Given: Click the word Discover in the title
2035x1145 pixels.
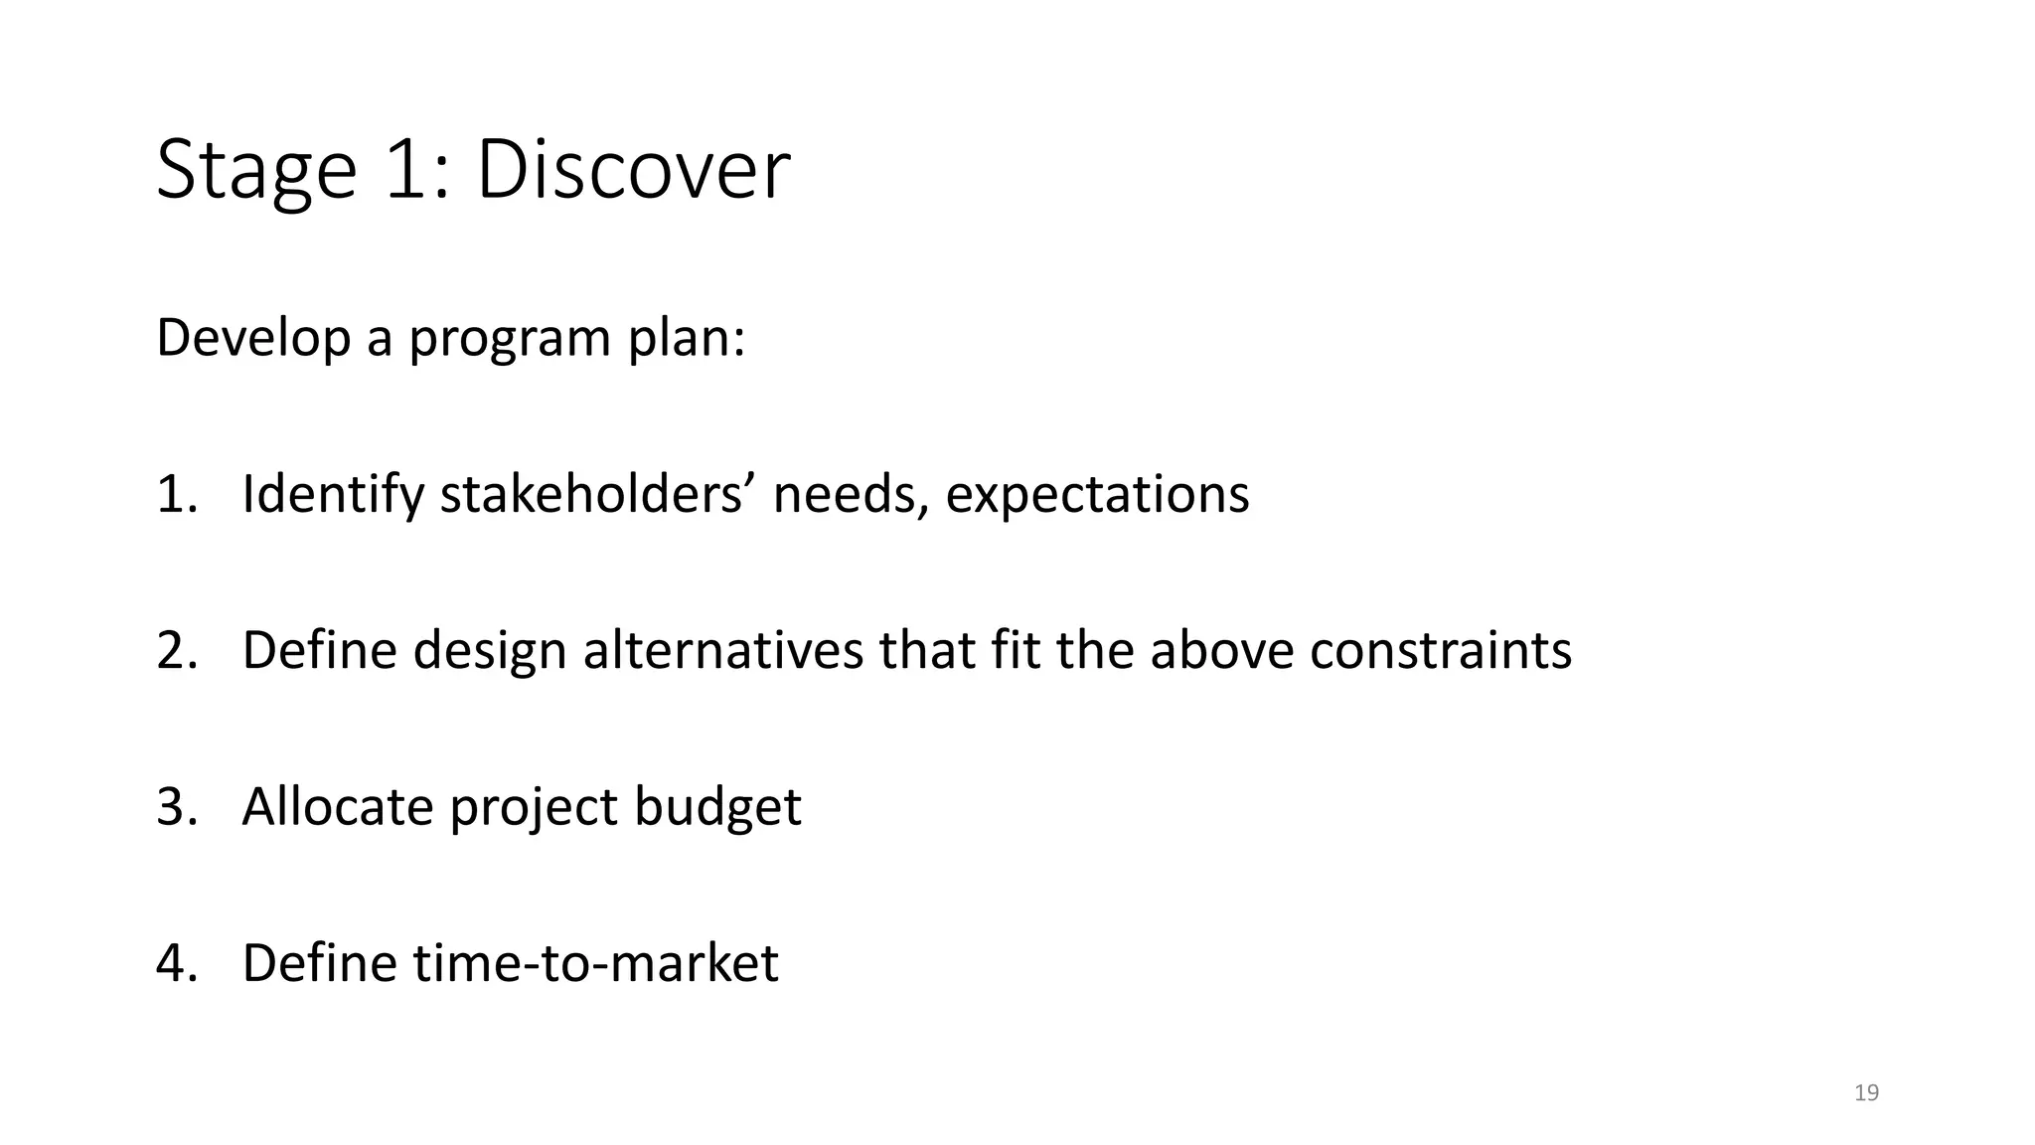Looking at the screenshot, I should [633, 170].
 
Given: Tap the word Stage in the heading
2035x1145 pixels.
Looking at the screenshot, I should [255, 170].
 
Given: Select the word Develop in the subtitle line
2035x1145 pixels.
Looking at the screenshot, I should [253, 338].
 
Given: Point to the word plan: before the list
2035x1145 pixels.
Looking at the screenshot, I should [686, 338].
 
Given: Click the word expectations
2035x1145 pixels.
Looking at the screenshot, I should [1097, 494].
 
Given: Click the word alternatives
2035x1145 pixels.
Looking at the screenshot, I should [722, 650].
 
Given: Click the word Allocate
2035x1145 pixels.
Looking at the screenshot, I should [337, 806].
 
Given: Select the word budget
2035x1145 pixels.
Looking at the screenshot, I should [717, 807].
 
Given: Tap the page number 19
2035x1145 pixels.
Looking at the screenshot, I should [1866, 1093].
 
